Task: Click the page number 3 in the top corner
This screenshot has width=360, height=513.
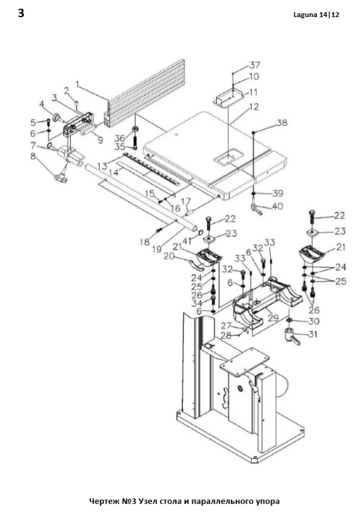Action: pos(21,13)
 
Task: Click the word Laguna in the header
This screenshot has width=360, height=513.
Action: pos(305,15)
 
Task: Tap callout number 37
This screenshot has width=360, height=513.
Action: pos(254,65)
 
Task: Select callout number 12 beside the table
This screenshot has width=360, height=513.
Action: pos(254,107)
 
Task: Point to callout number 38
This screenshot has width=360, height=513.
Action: pos(282,122)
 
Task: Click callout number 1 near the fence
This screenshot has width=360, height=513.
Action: pos(78,84)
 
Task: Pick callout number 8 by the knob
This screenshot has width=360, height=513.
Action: pos(33,156)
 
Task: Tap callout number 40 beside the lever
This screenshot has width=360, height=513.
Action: pos(277,206)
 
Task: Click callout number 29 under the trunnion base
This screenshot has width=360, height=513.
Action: pos(274,318)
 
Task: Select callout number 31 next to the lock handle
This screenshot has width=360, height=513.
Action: pos(313,334)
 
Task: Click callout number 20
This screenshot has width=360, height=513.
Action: pos(169,256)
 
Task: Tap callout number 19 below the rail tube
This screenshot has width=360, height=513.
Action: pos(156,249)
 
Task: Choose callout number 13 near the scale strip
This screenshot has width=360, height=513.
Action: pos(102,166)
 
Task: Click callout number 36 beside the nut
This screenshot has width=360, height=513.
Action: pos(120,138)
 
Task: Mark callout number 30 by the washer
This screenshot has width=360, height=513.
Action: pos(314,321)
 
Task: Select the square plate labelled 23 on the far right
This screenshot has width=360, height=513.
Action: pos(312,233)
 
